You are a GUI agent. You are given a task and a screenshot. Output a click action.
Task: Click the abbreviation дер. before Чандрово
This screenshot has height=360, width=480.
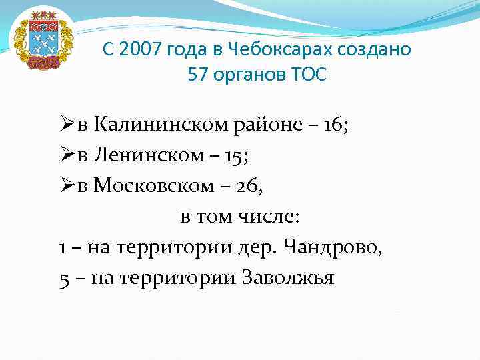click(x=257, y=248)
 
